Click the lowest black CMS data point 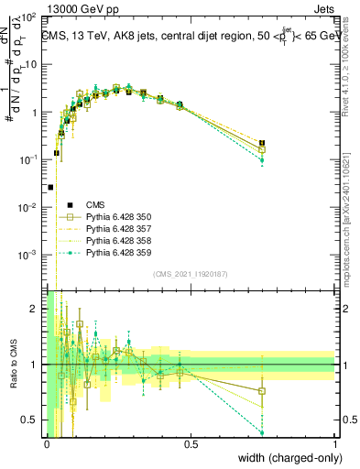pos(49,187)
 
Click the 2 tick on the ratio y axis pos(34,309)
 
